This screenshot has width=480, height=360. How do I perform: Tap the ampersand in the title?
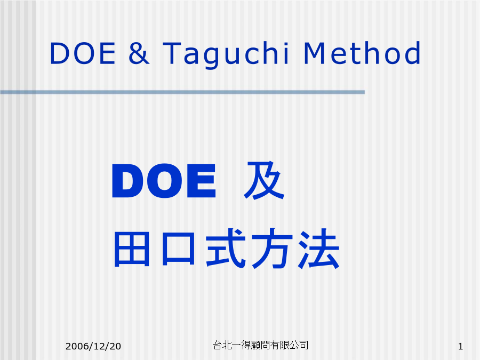click(x=139, y=53)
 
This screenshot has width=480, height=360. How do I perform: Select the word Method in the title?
click(x=362, y=53)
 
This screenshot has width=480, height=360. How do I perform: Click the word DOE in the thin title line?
click(x=82, y=53)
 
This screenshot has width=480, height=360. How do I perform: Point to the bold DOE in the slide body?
click(x=164, y=181)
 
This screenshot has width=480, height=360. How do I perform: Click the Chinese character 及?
click(x=264, y=180)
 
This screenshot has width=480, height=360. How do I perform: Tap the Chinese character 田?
click(x=132, y=249)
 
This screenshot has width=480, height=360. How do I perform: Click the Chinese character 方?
click(x=272, y=248)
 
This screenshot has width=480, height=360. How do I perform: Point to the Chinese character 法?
click(x=319, y=248)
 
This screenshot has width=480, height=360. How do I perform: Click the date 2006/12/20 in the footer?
click(x=93, y=346)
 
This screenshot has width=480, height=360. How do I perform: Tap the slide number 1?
click(x=460, y=347)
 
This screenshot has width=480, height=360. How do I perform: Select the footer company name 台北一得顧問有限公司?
click(x=260, y=345)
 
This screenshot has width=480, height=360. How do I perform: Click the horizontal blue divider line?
click(x=182, y=92)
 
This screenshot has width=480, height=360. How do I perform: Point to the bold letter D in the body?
click(x=127, y=181)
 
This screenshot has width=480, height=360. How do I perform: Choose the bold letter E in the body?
click(x=201, y=181)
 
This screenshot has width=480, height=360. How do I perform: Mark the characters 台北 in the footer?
click(x=222, y=345)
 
